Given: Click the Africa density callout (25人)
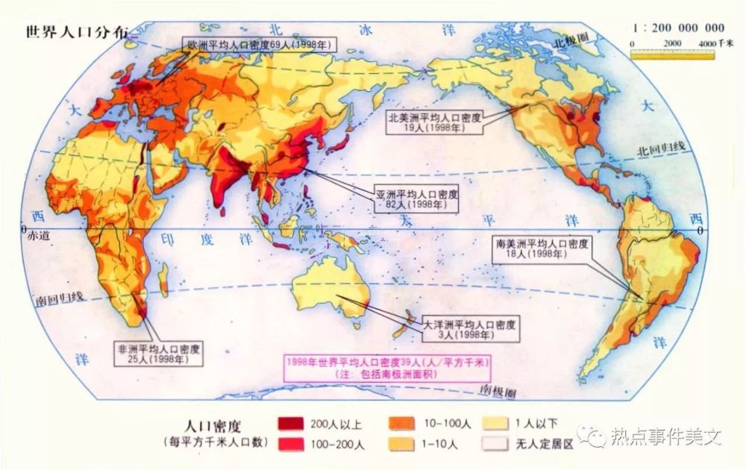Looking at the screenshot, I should coord(158,354).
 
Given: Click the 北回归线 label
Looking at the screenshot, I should coord(659,148).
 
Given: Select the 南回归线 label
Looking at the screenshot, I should coord(60,298).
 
